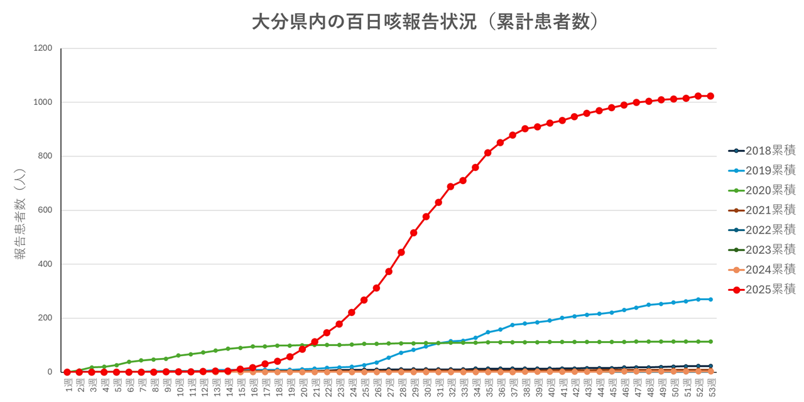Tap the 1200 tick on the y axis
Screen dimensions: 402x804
coord(43,48)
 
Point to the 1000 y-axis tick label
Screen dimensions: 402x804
coord(43,102)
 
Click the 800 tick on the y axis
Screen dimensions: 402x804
coord(45,156)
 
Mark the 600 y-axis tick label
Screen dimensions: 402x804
coord(45,210)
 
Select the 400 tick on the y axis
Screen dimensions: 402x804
coord(45,264)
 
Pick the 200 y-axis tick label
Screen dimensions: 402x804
coord(45,318)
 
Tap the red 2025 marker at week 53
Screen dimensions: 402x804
coord(710,96)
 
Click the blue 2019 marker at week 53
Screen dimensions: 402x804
coord(710,299)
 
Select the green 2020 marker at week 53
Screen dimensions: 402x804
coord(710,342)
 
